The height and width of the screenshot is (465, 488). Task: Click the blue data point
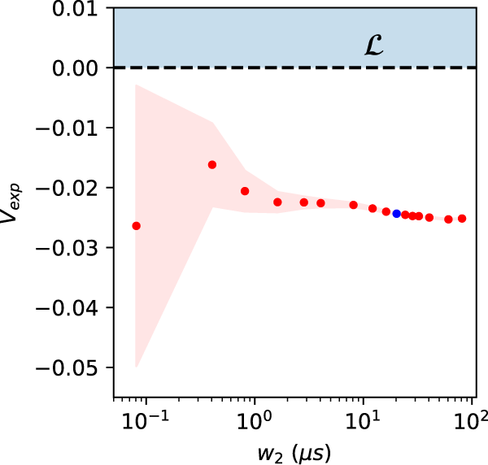click(x=397, y=214)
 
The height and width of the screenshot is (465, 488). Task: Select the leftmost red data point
click(x=137, y=226)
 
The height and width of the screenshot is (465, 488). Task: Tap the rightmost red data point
click(x=462, y=218)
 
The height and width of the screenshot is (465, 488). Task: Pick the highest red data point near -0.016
click(x=212, y=164)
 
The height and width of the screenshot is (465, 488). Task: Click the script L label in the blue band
click(x=373, y=46)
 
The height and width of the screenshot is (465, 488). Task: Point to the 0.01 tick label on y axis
click(x=79, y=9)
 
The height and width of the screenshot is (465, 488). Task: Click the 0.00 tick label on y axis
click(x=79, y=68)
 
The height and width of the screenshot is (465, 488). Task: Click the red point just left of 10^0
click(x=245, y=191)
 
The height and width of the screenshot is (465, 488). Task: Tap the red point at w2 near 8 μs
click(x=354, y=205)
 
